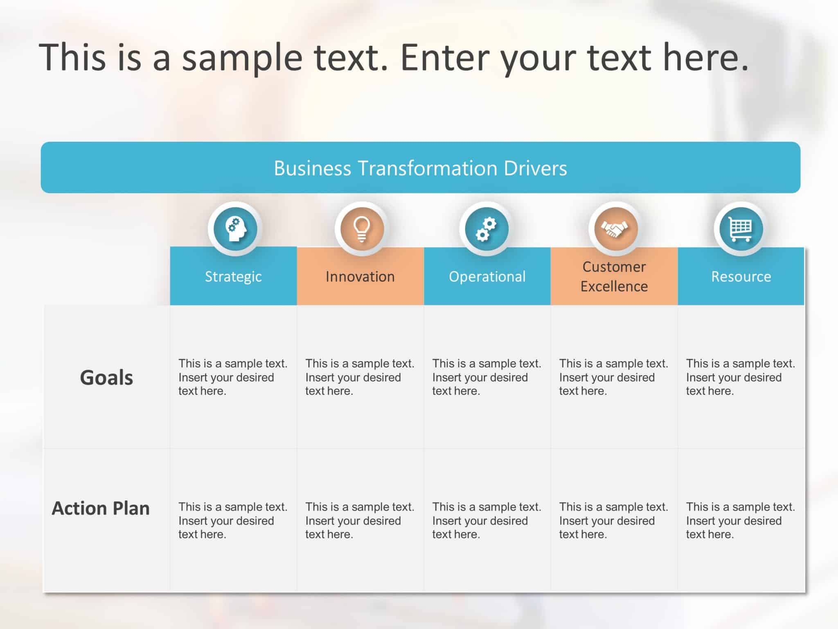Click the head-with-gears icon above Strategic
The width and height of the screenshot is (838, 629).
[x=235, y=229]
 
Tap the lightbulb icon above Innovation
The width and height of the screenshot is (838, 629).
[x=362, y=229]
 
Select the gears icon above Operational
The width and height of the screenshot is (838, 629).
[x=486, y=229]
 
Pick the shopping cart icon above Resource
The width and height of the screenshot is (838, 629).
[x=741, y=229]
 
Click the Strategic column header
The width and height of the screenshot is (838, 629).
[x=233, y=276]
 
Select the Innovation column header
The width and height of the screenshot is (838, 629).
[x=360, y=276]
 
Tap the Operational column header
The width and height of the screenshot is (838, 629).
[x=487, y=276]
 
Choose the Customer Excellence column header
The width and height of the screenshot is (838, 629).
[x=614, y=276]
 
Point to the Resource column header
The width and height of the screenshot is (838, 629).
[x=741, y=276]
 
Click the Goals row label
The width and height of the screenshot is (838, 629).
[x=106, y=377]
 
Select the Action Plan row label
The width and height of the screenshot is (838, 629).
[x=101, y=508]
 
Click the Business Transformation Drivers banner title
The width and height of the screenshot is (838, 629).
[x=420, y=168]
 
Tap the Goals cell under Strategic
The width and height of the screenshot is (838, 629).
[x=233, y=377]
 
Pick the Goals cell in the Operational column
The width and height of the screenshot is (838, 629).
[x=487, y=377]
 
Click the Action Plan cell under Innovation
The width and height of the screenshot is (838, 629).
[x=360, y=520]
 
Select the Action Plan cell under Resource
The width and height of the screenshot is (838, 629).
[x=741, y=520]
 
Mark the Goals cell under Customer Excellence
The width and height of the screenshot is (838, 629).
[x=614, y=377]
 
